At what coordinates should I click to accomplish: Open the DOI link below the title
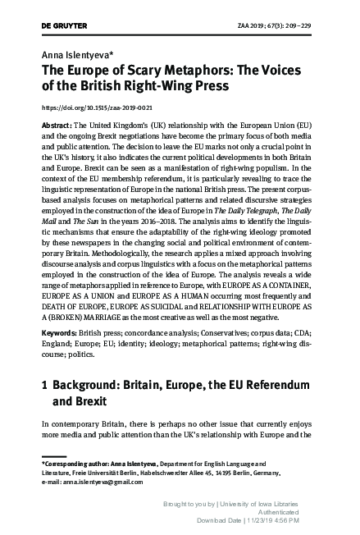96,108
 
